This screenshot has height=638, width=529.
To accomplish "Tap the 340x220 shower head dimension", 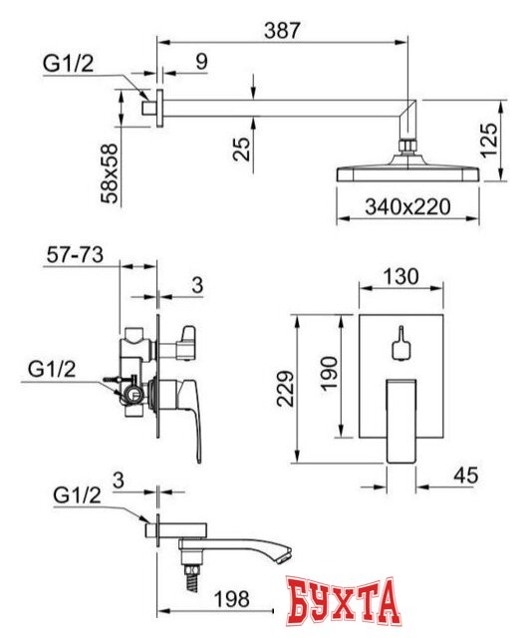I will pos(408,206).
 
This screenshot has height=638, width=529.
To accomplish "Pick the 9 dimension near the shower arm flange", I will pos(201,62).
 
